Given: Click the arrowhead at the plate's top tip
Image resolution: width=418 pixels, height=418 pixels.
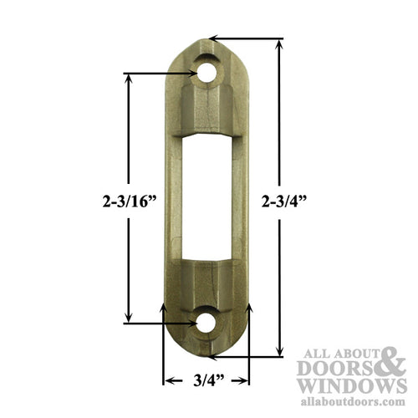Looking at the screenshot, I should coord(214,38).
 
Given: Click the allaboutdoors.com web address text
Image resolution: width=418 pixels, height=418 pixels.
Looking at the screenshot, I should coord(351,403).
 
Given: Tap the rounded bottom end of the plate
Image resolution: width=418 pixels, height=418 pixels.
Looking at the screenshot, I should coord(206,347).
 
